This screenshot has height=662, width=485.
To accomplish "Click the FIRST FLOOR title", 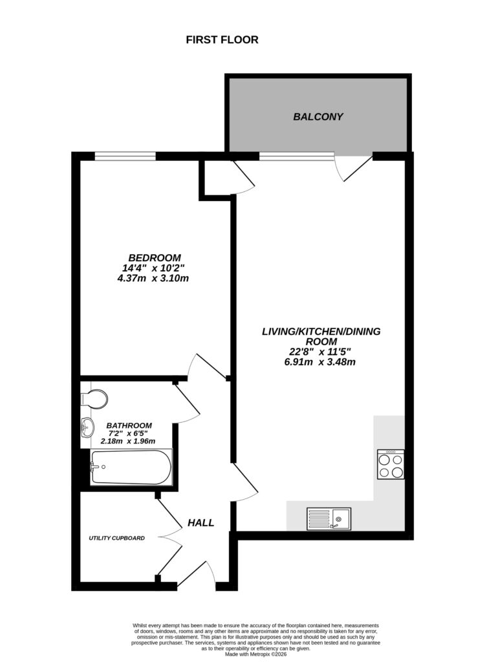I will [x=222, y=40].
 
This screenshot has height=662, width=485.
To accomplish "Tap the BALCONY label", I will [x=318, y=117].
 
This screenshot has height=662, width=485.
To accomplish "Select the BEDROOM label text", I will [x=154, y=257].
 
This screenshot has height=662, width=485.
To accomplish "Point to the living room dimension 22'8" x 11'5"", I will [x=321, y=352].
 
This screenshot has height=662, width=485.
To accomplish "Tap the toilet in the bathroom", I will [x=94, y=399].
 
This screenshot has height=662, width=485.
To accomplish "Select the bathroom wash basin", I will [x=87, y=427].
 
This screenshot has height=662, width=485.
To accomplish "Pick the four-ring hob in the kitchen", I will [x=391, y=464].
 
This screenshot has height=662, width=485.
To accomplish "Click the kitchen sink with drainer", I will [x=329, y=518].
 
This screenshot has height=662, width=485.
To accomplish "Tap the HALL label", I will [x=200, y=522].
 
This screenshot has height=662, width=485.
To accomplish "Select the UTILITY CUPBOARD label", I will [x=117, y=538].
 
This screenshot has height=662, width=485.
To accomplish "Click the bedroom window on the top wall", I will [x=125, y=155].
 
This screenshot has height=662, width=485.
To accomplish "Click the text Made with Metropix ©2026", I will [x=256, y=654].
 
